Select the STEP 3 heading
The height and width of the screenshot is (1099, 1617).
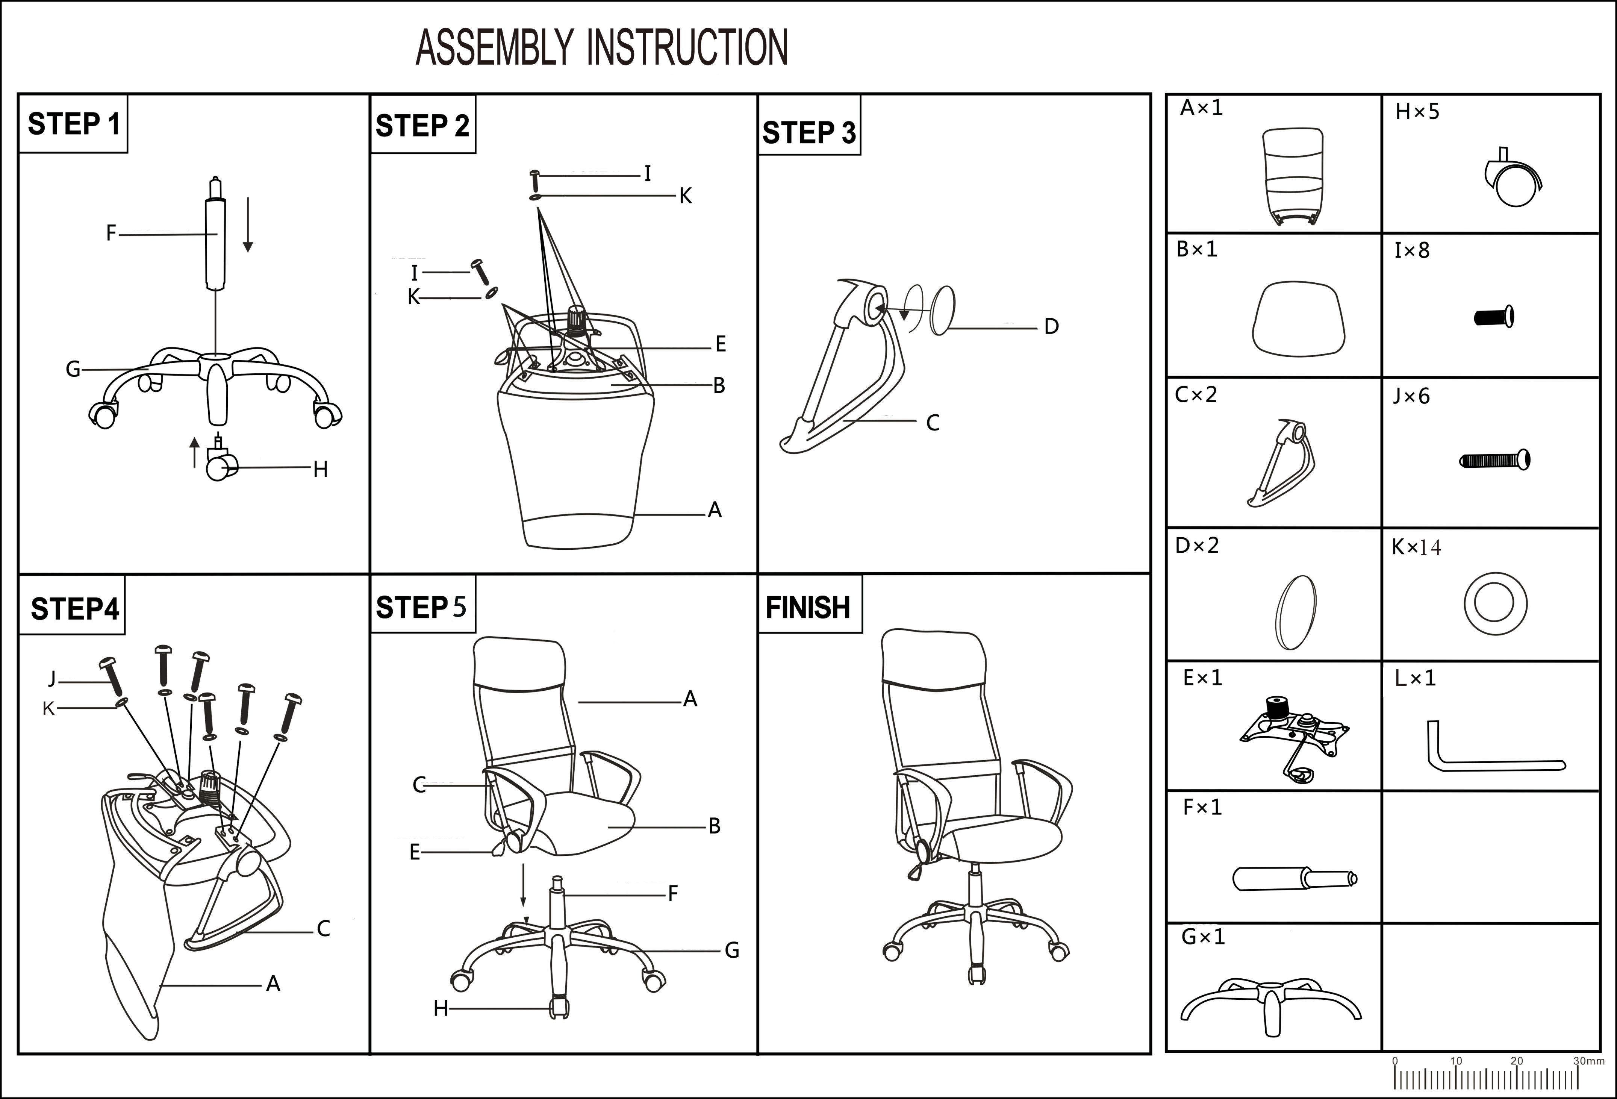click(808, 132)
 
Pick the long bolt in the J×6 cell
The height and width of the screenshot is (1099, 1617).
click(1494, 460)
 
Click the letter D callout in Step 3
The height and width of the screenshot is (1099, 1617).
click(1051, 326)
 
